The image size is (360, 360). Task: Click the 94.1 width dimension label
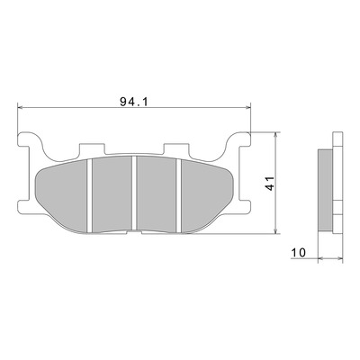pos(134,102)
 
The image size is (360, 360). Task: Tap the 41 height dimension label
pos(270,184)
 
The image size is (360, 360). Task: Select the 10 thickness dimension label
pos(298,253)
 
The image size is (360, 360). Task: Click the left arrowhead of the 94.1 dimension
pos(21,107)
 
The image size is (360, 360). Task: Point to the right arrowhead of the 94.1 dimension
pos(247,107)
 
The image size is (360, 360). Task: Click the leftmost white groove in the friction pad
pos(89,196)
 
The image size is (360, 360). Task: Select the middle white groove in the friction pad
pos(134,193)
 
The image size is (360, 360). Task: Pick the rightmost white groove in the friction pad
pos(179,195)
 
